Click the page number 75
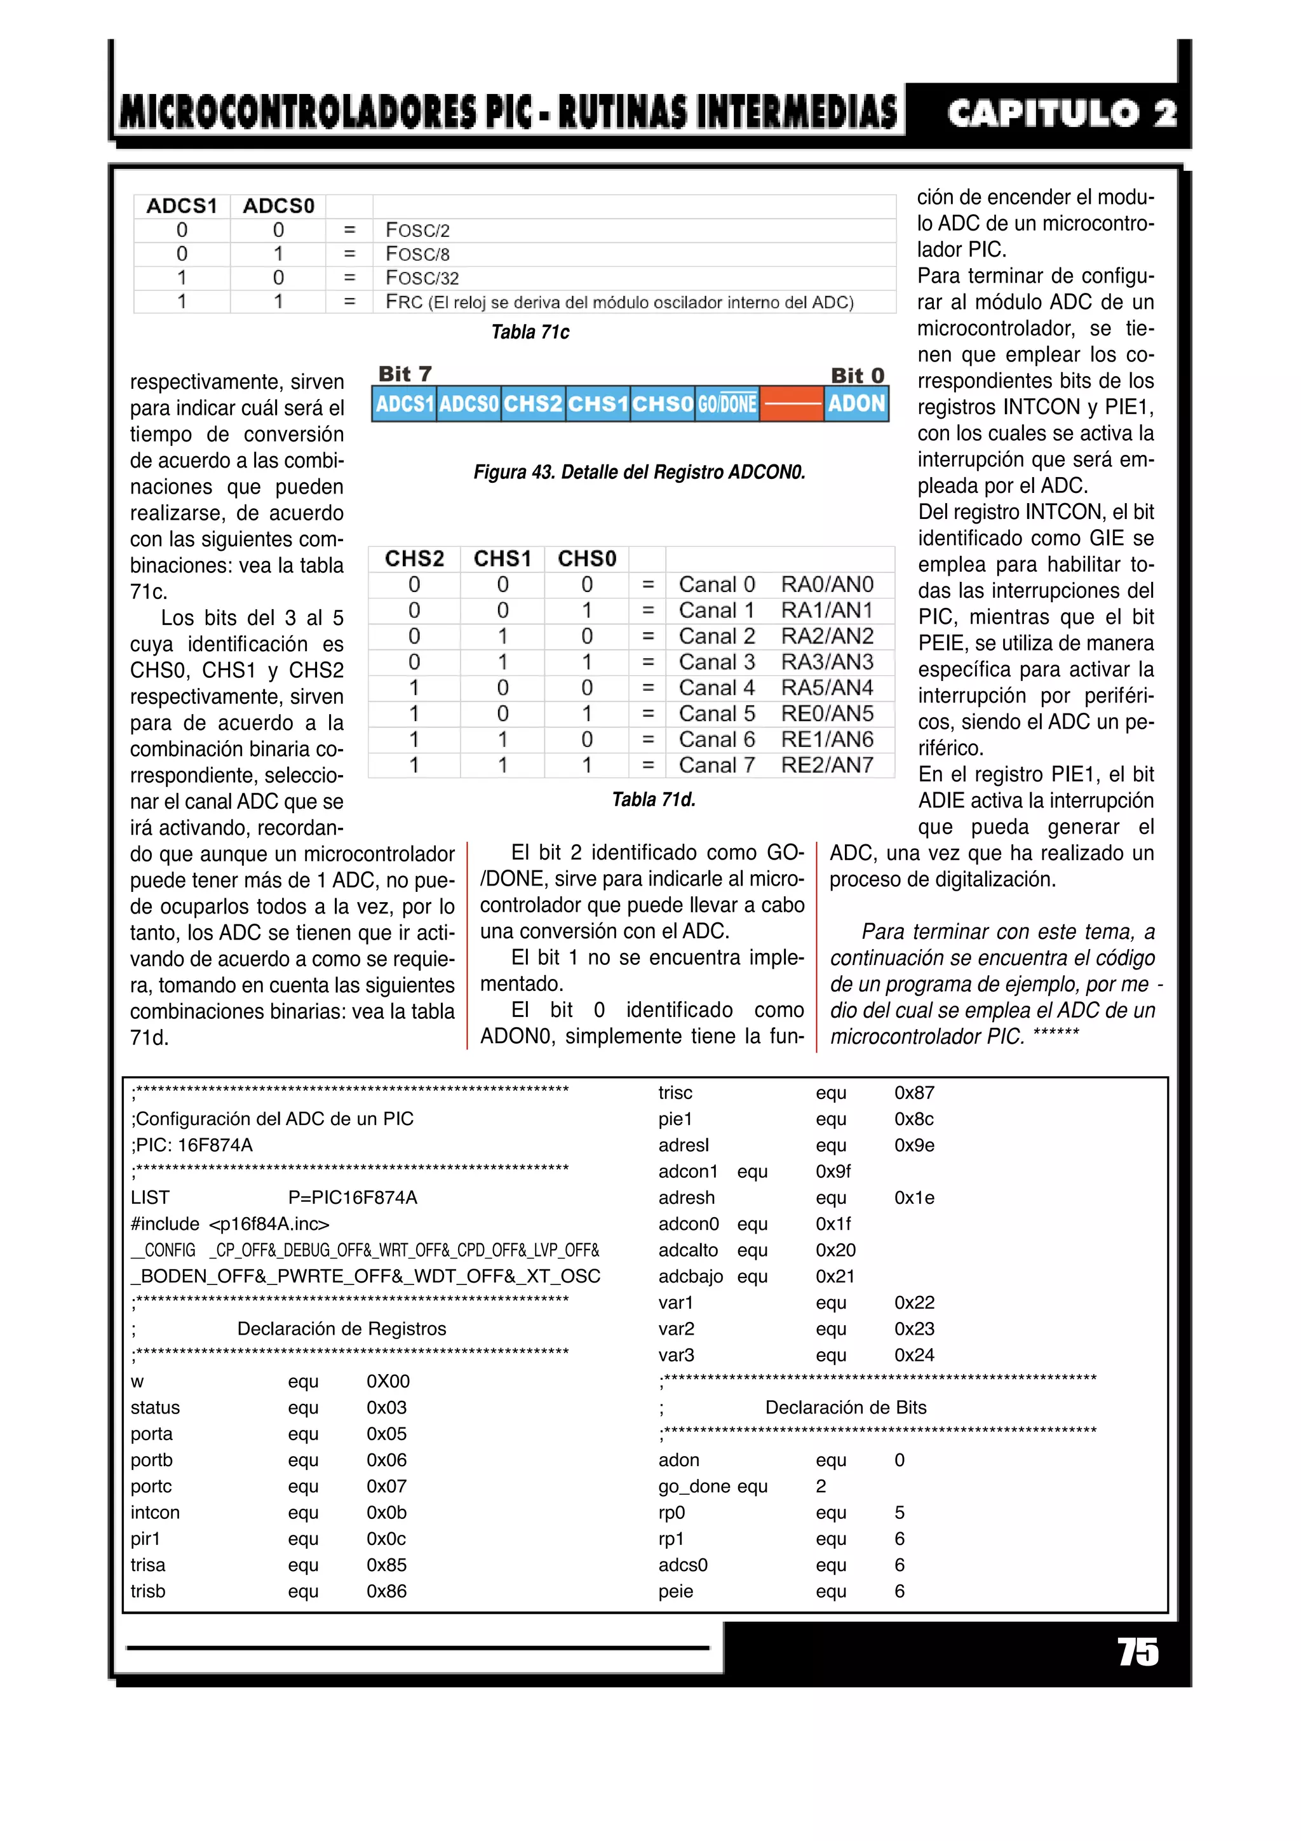[x=1138, y=1652]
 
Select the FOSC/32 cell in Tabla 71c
[x=422, y=278]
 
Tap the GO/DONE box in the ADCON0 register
[x=726, y=403]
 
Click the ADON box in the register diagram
[x=856, y=403]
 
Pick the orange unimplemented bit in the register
[x=792, y=403]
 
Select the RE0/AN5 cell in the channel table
[x=826, y=713]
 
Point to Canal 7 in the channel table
[x=716, y=765]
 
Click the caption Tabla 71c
[x=530, y=332]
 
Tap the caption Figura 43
[x=639, y=472]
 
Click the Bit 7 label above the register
[x=405, y=374]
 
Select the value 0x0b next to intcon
[x=386, y=1512]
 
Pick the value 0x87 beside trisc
[x=914, y=1092]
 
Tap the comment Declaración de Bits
[x=845, y=1407]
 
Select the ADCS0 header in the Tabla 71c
[x=278, y=206]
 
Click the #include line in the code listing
[x=230, y=1224]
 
